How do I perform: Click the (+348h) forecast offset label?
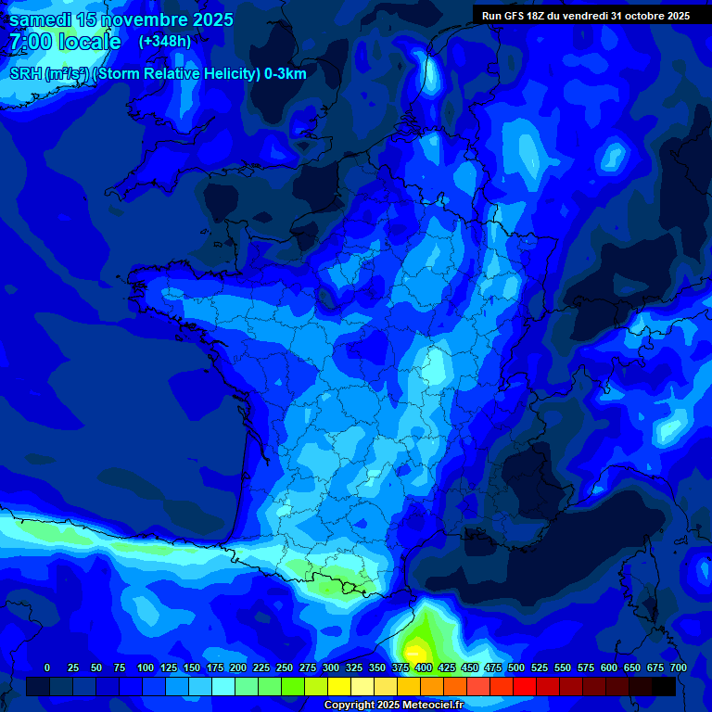coord(165,42)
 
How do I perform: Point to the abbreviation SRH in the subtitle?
coord(25,74)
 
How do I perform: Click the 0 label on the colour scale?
coord(47,667)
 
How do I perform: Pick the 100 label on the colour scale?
coord(146,667)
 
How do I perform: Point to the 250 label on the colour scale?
coord(285,667)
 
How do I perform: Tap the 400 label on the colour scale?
coord(424,667)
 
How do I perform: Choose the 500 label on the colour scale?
coord(516,667)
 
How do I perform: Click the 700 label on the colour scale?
coord(679,667)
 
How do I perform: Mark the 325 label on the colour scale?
coord(354,667)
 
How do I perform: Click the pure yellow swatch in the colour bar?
coord(339,686)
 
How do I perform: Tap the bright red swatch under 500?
coord(525,686)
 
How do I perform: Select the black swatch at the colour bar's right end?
coord(664,686)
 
